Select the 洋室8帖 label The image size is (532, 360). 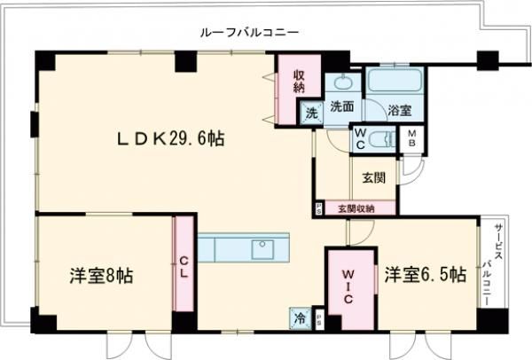pyautogui.click(x=102, y=276)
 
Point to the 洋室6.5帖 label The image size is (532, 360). pyautogui.click(x=425, y=276)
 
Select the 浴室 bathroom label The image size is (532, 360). pyautogui.click(x=399, y=111)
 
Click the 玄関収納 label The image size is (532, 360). pyautogui.click(x=356, y=208)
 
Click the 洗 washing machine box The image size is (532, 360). pyautogui.click(x=310, y=113)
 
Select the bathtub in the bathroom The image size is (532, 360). pyautogui.click(x=395, y=84)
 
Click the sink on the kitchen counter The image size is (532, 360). pyautogui.click(x=263, y=248)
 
